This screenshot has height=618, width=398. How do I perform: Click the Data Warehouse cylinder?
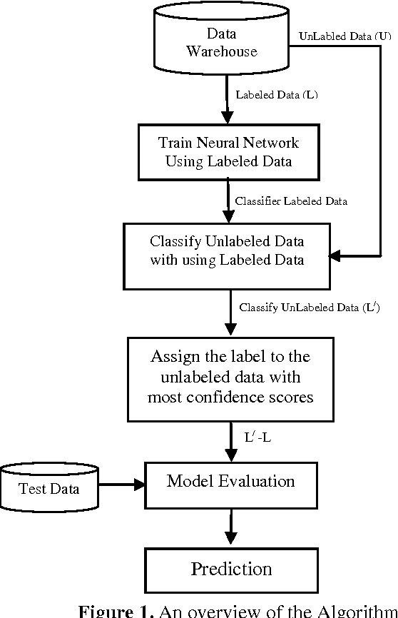tap(221, 42)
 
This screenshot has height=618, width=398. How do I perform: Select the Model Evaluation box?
tap(230, 482)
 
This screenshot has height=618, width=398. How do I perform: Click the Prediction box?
tap(230, 569)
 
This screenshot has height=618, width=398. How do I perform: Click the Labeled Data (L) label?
tap(276, 95)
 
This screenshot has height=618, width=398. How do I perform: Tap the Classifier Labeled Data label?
tap(291, 201)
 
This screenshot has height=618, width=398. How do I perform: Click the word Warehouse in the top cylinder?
tap(221, 51)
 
